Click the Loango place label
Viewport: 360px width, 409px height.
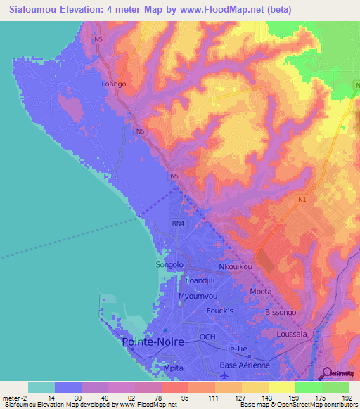[113, 84]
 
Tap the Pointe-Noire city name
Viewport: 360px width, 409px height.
[153, 342]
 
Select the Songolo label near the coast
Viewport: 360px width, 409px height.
[169, 265]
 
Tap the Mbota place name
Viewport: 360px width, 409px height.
[261, 291]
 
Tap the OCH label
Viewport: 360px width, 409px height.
[207, 337]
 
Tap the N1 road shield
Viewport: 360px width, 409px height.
[302, 200]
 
